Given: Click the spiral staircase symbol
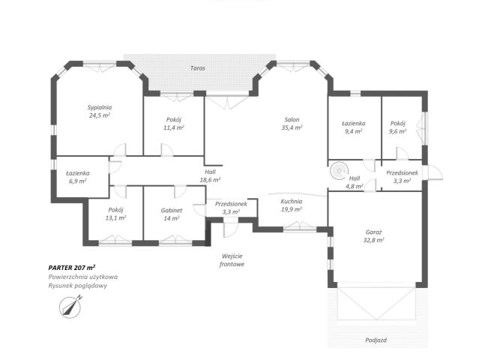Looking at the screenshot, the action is (339, 171).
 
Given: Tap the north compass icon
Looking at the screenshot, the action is (70, 307).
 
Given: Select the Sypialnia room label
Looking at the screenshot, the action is (100, 107).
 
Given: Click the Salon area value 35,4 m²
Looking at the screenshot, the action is (292, 127).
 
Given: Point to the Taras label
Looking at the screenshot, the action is (198, 68).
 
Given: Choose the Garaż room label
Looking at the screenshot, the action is (373, 232).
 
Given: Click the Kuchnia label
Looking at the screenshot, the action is (292, 201).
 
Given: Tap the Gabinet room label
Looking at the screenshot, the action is (172, 210).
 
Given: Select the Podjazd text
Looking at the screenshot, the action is (376, 340).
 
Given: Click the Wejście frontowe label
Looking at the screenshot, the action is (232, 260).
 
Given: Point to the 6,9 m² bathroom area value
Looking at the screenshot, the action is (78, 181).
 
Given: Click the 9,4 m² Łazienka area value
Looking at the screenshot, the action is (354, 131).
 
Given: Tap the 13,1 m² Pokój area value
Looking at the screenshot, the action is (115, 218).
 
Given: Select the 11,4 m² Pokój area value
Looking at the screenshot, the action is (173, 127).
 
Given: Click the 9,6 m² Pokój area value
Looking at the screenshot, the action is (398, 131).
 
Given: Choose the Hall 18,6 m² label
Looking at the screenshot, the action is (210, 176).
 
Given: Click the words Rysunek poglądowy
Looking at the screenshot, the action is (78, 286).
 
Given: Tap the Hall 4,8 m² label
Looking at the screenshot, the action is (355, 182).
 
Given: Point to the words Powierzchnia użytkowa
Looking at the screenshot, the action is (82, 277).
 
